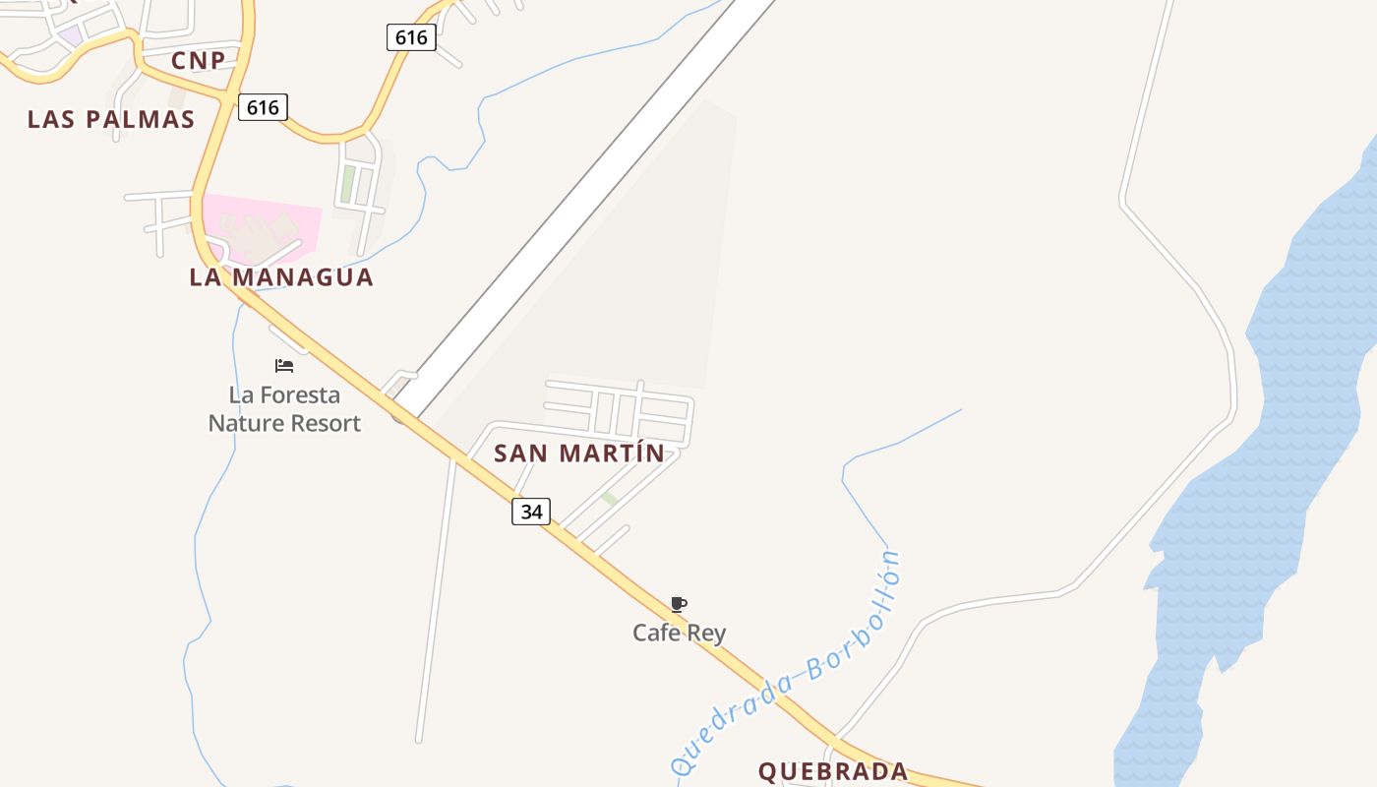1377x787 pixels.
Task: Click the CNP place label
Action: pyautogui.click(x=198, y=61)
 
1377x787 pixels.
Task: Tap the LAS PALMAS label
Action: pyautogui.click(x=111, y=119)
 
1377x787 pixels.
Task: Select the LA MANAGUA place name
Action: pyautogui.click(x=281, y=277)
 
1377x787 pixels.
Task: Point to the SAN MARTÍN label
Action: pyautogui.click(x=579, y=454)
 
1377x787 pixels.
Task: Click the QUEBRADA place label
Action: pyautogui.click(x=833, y=771)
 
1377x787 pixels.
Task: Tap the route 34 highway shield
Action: pyautogui.click(x=531, y=512)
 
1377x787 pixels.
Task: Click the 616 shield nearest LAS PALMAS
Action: pyautogui.click(x=263, y=107)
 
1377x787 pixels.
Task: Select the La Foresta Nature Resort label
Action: pyautogui.click(x=284, y=409)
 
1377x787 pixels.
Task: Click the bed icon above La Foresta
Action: pyautogui.click(x=284, y=366)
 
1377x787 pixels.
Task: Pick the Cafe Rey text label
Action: pyautogui.click(x=679, y=633)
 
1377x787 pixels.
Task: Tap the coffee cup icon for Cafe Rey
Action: pyautogui.click(x=679, y=604)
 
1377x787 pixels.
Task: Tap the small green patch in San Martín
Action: pyautogui.click(x=610, y=500)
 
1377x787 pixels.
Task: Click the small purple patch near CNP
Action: pyautogui.click(x=70, y=35)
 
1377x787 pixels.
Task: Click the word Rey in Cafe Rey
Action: pyautogui.click(x=707, y=633)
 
